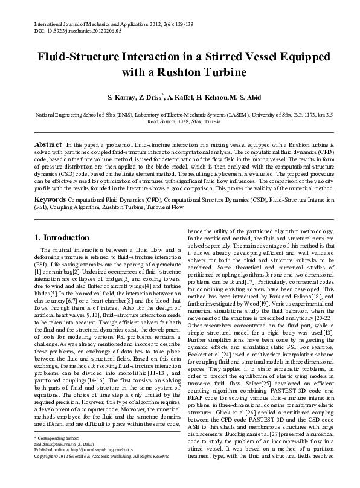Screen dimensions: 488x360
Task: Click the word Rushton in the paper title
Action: coord(219,73)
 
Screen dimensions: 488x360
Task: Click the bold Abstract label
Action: coord(48,146)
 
